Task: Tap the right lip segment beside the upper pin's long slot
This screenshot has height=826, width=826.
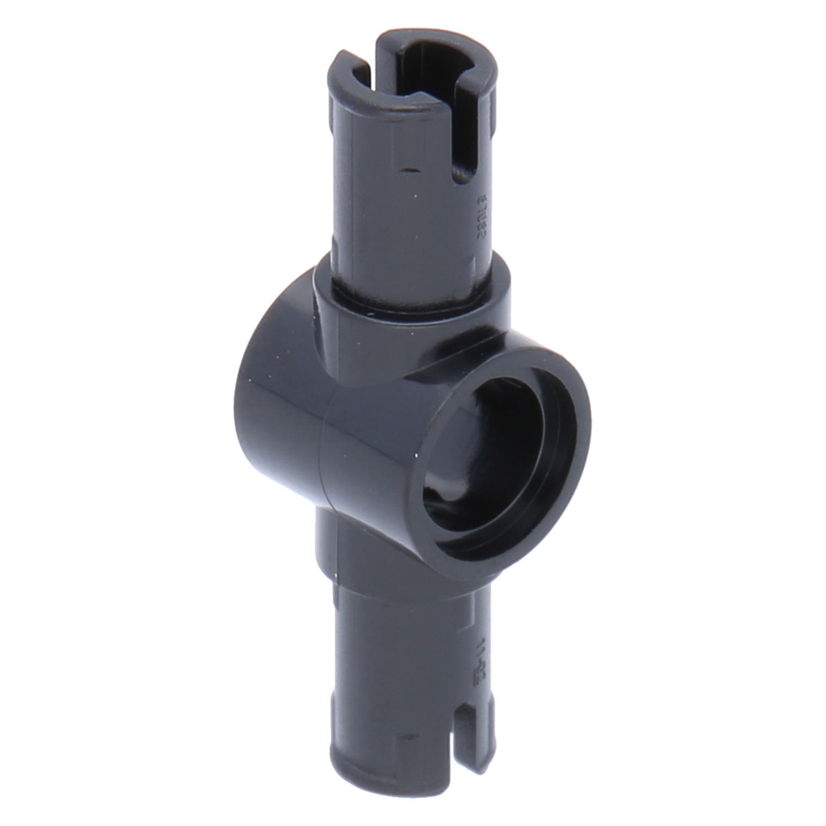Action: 485,88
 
